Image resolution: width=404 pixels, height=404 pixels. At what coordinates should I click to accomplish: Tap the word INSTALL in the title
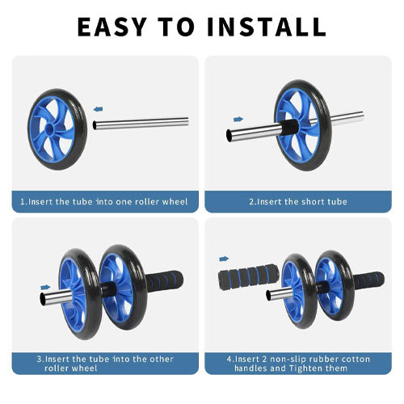[x=267, y=27]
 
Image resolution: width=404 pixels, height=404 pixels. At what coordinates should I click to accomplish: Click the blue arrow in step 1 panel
[x=98, y=109]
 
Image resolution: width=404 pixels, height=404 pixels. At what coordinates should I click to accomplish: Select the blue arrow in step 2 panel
[x=238, y=119]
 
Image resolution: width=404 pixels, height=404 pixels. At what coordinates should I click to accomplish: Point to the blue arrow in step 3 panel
[x=45, y=288]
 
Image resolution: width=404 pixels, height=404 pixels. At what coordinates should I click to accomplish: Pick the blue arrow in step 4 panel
[x=224, y=259]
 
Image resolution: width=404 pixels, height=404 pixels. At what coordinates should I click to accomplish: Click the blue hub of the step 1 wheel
[x=49, y=128]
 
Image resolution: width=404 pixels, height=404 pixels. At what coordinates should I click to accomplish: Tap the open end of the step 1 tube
[x=95, y=125]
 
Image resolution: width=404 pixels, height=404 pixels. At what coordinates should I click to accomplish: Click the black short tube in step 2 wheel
[x=290, y=127]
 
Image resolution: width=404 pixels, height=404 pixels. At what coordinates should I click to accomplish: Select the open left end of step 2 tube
[x=229, y=136]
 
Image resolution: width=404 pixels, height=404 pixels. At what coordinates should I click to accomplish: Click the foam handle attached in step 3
[x=165, y=281]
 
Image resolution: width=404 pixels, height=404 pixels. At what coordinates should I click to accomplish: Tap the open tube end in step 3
[x=43, y=299]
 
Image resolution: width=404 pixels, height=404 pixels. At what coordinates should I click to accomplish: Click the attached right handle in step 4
[x=368, y=280]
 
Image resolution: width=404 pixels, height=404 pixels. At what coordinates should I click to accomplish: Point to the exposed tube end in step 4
[x=268, y=296]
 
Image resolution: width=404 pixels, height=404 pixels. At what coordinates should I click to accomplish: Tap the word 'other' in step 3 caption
[x=162, y=359]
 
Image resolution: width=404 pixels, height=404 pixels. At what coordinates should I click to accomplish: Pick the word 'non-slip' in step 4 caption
[x=288, y=359]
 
